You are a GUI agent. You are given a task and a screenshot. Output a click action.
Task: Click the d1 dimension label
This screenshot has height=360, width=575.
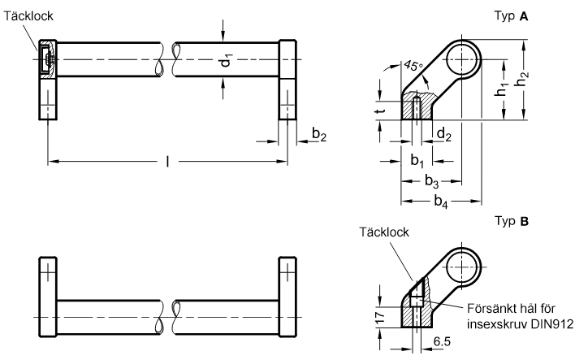[227, 60]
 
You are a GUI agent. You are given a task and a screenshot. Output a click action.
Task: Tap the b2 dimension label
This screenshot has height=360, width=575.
[318, 134]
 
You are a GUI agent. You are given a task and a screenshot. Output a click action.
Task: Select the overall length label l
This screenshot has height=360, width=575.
[168, 161]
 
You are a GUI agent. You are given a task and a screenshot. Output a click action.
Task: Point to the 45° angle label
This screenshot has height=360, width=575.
[413, 66]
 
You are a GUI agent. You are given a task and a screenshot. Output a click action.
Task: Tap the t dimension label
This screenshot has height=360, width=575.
[382, 110]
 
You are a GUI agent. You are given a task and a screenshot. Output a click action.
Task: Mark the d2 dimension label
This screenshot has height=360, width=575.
[443, 134]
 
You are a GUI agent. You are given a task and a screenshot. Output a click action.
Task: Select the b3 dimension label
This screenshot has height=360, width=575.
[431, 181]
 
